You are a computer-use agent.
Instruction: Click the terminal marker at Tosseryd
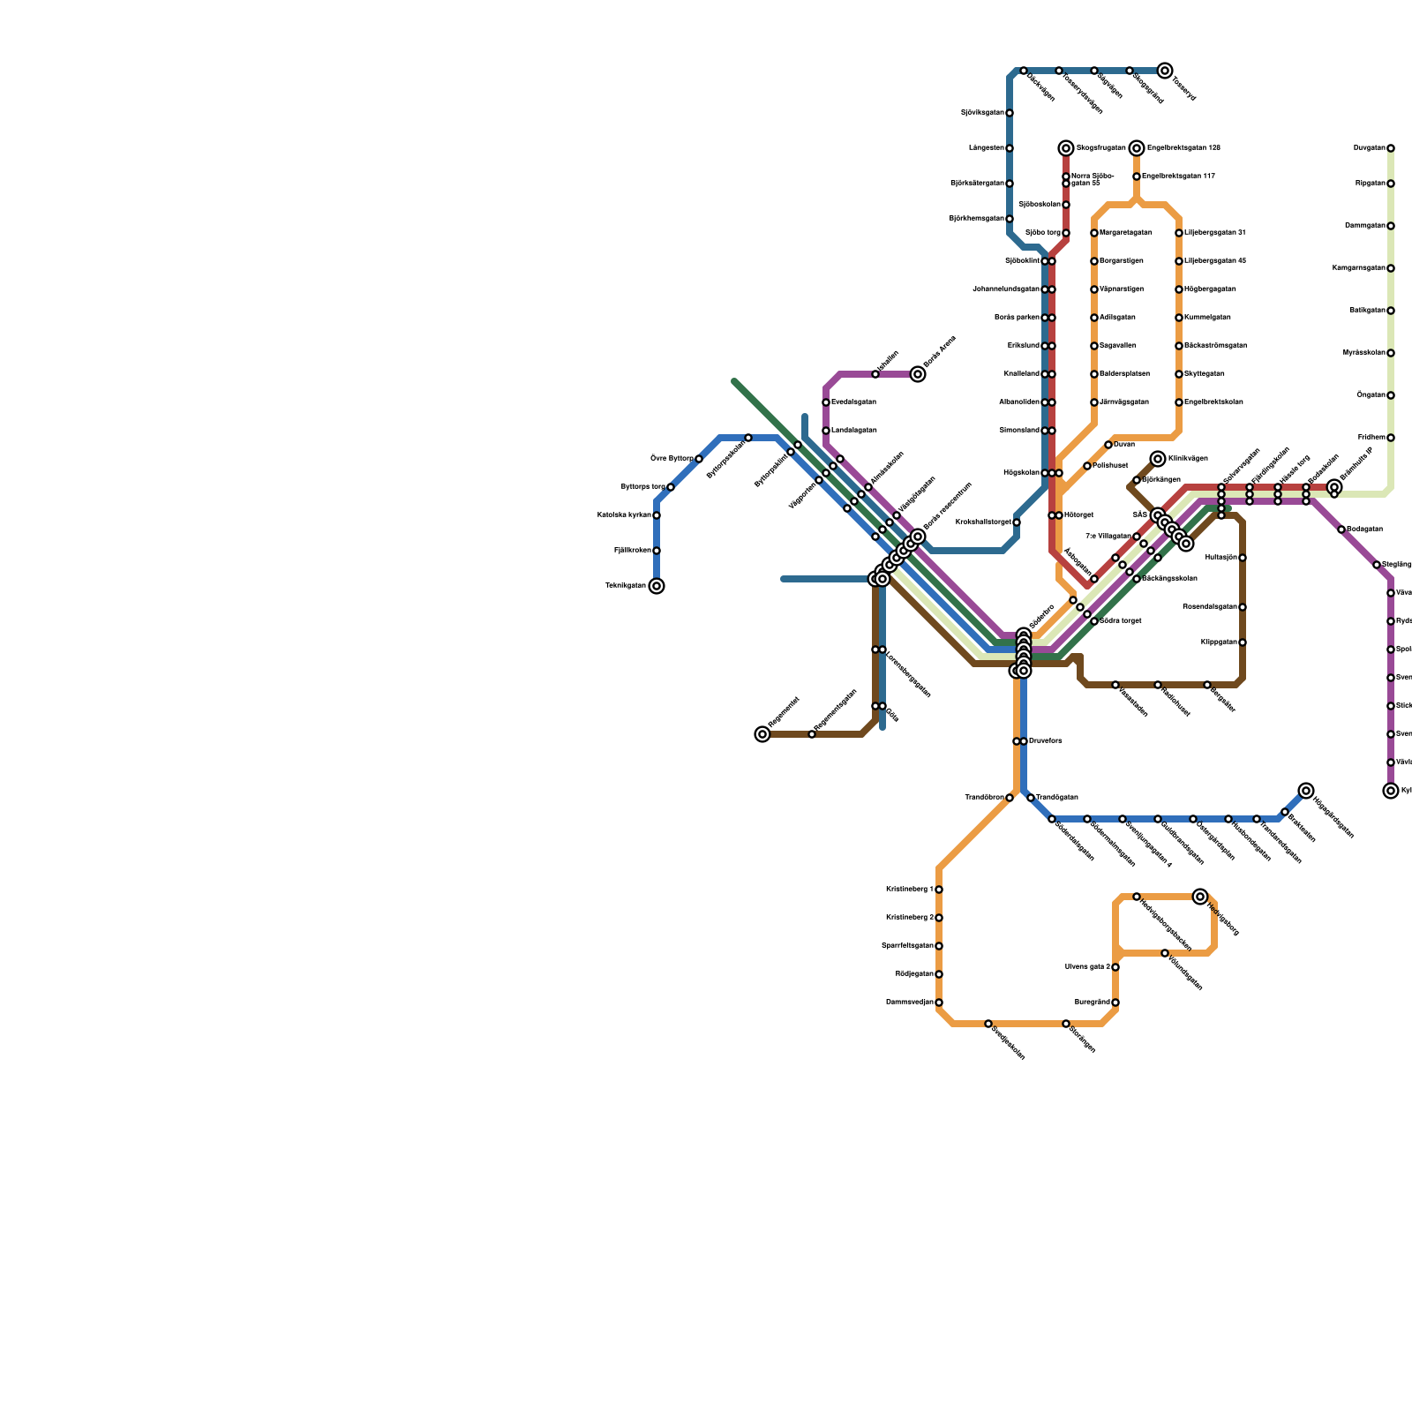tap(1165, 71)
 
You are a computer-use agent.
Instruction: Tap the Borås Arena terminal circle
tap(918, 374)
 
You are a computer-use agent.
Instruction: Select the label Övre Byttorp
tap(672, 458)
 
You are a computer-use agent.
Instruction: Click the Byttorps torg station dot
tap(671, 487)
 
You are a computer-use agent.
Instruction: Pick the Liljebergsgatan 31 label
tap(1214, 233)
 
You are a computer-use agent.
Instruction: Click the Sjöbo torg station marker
tap(1066, 233)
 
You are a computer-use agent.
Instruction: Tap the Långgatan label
tap(986, 148)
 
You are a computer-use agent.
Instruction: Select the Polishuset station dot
tap(1087, 466)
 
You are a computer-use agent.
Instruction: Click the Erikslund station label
tap(1023, 346)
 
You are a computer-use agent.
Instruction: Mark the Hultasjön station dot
tap(1243, 558)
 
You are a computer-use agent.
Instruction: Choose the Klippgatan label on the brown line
tap(1219, 642)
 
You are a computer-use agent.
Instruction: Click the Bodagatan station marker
tap(1341, 529)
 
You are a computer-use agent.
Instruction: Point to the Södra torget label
tap(1120, 621)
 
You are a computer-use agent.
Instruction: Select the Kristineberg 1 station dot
tap(939, 890)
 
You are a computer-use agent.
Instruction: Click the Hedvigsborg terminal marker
tap(1200, 897)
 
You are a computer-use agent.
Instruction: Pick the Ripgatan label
tap(1371, 184)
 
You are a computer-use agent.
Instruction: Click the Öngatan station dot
tap(1391, 395)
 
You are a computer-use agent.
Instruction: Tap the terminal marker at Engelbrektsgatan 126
tap(1137, 148)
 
